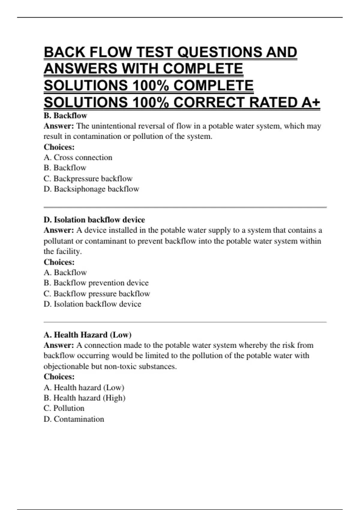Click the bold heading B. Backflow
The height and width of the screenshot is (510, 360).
(x=65, y=115)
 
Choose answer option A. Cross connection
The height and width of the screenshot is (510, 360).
(x=78, y=157)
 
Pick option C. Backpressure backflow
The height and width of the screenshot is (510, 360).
(x=88, y=178)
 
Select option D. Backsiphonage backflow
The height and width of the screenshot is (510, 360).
(x=91, y=189)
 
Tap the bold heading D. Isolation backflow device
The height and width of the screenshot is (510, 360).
(x=94, y=220)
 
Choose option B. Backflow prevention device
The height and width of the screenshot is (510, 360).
(x=96, y=283)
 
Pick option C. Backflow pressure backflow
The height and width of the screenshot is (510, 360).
(x=97, y=293)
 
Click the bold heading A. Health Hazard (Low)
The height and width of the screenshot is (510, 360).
(x=88, y=335)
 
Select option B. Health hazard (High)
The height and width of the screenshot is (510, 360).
(x=84, y=398)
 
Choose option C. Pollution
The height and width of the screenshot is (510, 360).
(x=64, y=408)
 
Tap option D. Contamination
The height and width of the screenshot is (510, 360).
(x=74, y=419)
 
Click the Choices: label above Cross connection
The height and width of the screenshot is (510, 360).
(x=59, y=147)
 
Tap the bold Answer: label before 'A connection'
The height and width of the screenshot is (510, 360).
(x=58, y=345)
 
